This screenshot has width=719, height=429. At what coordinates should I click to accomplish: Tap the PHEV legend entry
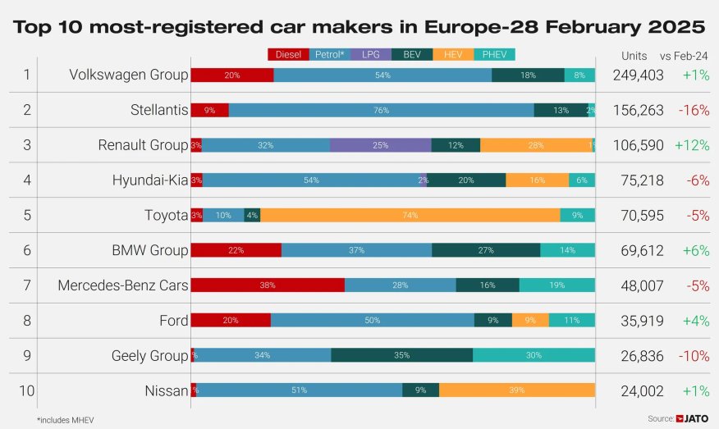[494, 55]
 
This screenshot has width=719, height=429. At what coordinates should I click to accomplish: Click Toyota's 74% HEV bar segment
[410, 216]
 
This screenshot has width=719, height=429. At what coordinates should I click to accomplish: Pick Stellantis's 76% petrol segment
[381, 110]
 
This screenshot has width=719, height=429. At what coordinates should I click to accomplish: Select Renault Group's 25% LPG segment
[381, 145]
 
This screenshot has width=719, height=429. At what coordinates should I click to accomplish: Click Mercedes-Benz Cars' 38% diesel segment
[268, 285]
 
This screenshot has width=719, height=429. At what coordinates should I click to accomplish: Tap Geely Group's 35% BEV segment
[401, 355]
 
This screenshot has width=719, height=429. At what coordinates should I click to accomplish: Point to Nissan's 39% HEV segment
[516, 390]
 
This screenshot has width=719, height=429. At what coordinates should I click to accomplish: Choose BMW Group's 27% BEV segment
[486, 250]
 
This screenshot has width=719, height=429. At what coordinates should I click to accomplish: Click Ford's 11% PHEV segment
[572, 321]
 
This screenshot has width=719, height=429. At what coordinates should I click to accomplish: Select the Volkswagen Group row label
[129, 75]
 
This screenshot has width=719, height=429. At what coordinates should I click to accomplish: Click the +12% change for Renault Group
[692, 145]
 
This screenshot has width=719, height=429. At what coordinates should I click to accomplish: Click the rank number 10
[26, 390]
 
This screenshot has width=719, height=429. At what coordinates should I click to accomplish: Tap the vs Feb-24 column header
[684, 56]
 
